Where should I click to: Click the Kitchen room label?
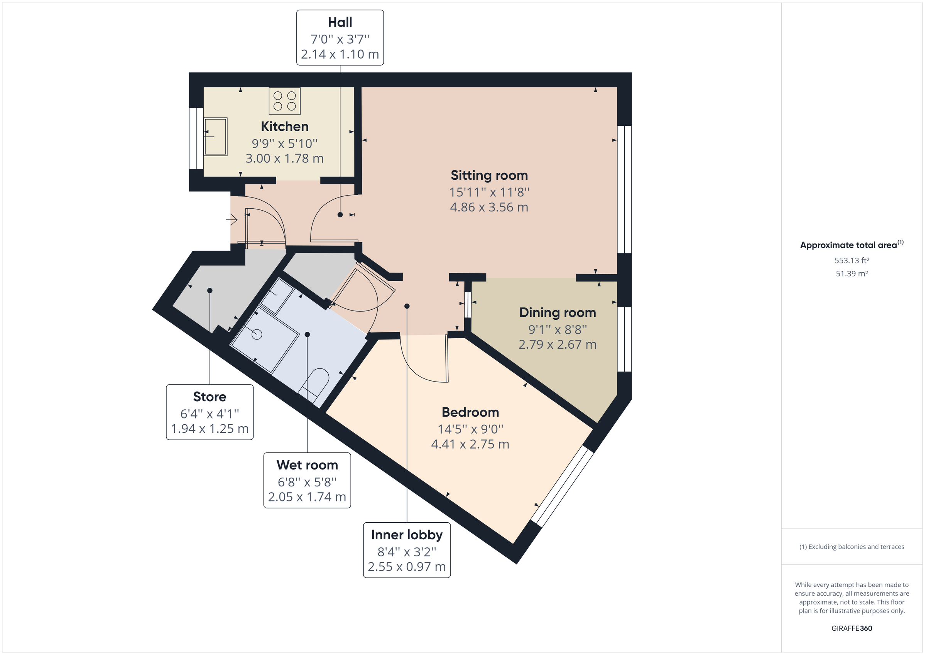284,127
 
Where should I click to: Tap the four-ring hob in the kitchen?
284,101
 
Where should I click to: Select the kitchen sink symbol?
215,137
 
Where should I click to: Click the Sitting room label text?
489,176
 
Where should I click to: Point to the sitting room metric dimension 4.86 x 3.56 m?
489,207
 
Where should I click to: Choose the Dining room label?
557,312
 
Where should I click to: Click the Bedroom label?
470,412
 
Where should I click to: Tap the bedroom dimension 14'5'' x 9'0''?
470,429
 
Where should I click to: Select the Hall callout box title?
340,22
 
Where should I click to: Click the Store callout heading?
210,397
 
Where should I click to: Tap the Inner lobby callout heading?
407,535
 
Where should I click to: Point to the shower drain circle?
257,334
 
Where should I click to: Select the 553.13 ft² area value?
852,260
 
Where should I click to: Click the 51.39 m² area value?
852,274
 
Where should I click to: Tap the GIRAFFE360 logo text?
852,628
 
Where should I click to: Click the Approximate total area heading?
848,245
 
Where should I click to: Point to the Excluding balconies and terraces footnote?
852,547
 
